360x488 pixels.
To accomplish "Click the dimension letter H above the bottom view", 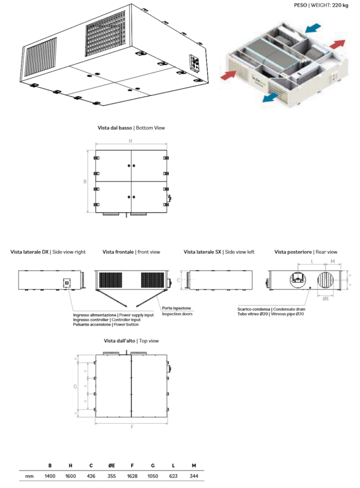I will (x=130, y=141).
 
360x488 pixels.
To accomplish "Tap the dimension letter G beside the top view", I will (x=75, y=387).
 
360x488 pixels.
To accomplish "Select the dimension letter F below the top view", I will (x=131, y=427).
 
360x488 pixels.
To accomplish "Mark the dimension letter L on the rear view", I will (x=313, y=262).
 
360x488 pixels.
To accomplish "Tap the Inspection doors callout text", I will (x=177, y=314).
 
